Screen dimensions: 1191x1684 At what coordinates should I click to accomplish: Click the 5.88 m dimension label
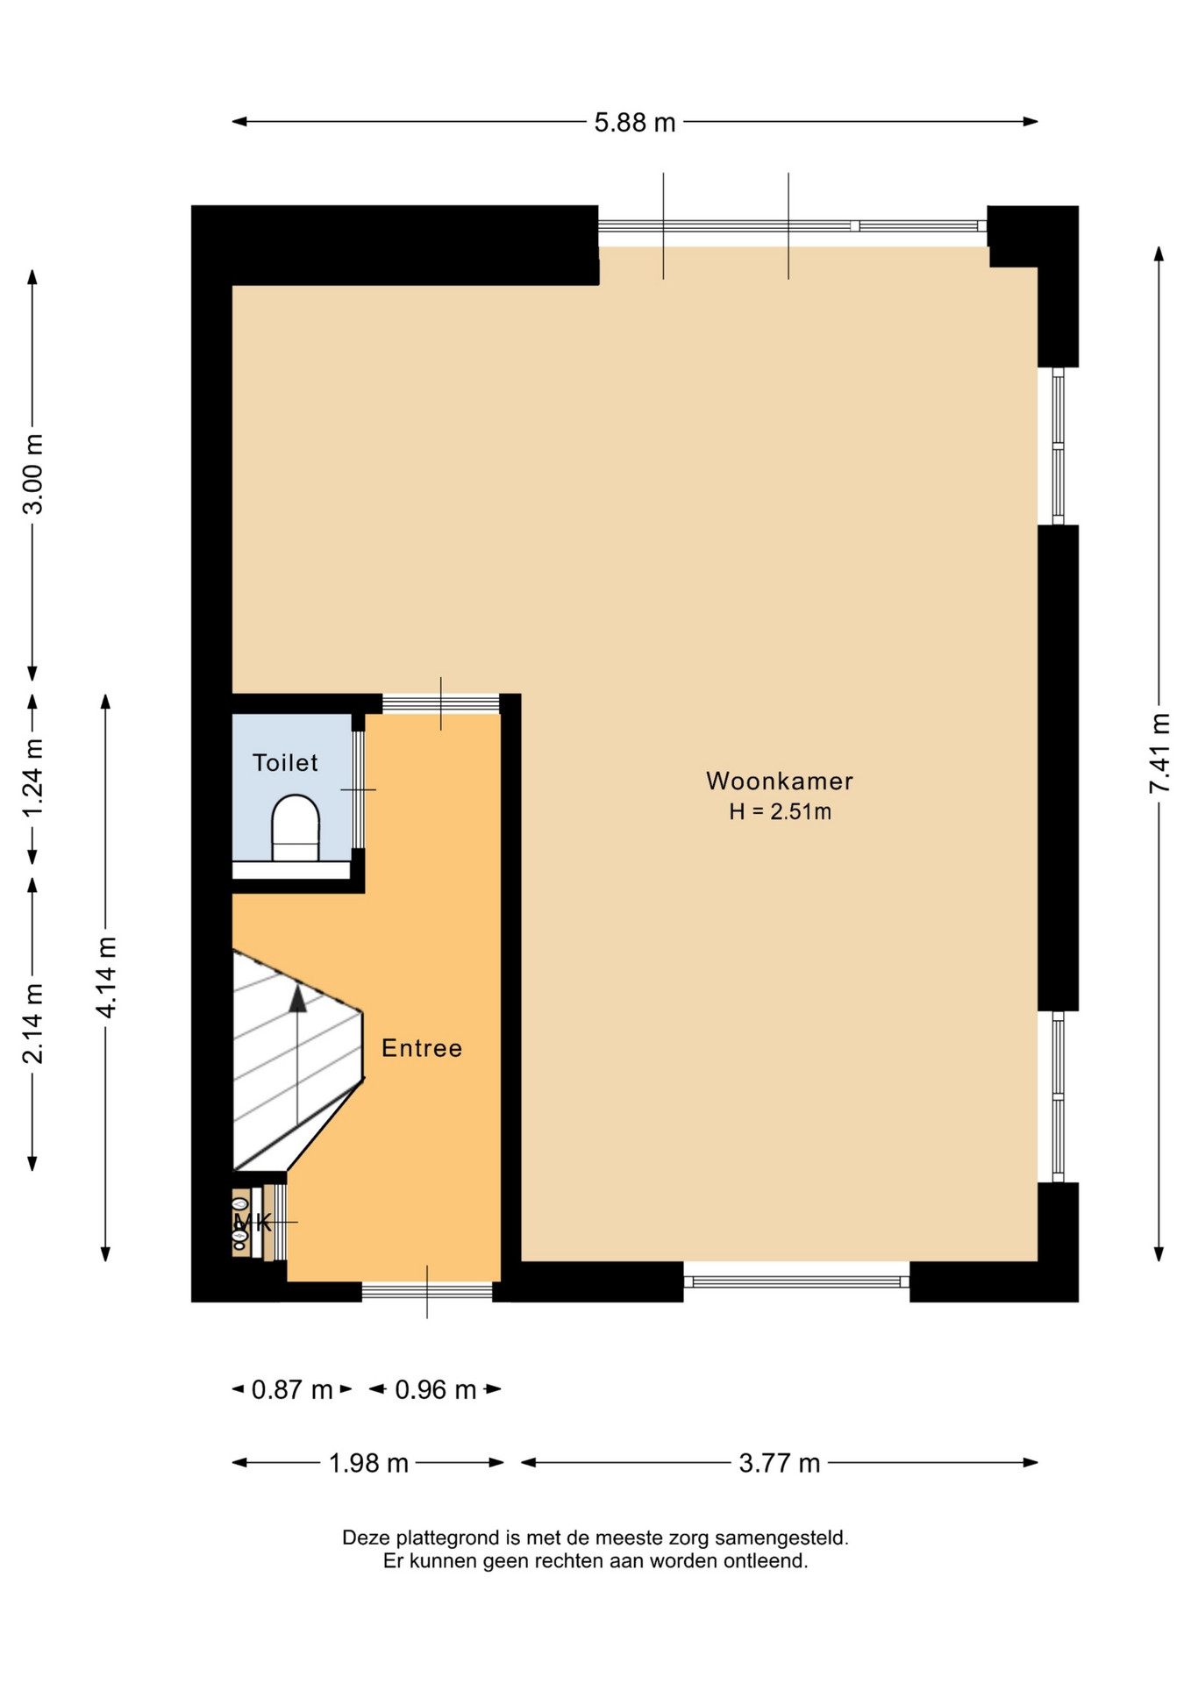(x=635, y=123)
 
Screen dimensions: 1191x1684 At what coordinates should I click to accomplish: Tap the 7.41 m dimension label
(x=1159, y=753)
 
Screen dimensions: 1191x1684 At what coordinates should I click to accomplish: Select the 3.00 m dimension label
(x=32, y=474)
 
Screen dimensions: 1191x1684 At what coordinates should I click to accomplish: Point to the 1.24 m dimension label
(x=32, y=778)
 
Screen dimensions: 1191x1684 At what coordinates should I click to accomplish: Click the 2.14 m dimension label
(x=32, y=1024)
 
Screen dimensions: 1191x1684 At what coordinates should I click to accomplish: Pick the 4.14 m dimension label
(x=106, y=977)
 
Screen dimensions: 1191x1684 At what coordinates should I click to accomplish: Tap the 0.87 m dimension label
(x=292, y=1389)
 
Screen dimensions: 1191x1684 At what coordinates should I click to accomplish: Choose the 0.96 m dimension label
(x=436, y=1389)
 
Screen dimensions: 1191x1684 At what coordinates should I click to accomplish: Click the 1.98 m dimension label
(x=368, y=1463)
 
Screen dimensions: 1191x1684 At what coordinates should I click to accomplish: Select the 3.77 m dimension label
(x=780, y=1463)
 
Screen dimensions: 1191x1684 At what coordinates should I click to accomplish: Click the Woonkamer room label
(x=780, y=781)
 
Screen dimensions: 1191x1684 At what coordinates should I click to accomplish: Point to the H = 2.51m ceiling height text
(x=780, y=812)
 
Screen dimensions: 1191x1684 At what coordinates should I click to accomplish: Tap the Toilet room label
(x=285, y=762)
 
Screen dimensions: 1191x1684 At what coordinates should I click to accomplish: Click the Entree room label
(x=422, y=1048)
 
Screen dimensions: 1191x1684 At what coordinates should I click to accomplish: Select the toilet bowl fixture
(x=296, y=829)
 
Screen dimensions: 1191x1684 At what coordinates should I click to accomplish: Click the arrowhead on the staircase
(x=298, y=998)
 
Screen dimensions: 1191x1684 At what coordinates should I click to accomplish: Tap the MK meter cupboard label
(x=253, y=1222)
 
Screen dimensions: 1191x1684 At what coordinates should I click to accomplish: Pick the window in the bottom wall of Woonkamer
(x=796, y=1281)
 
